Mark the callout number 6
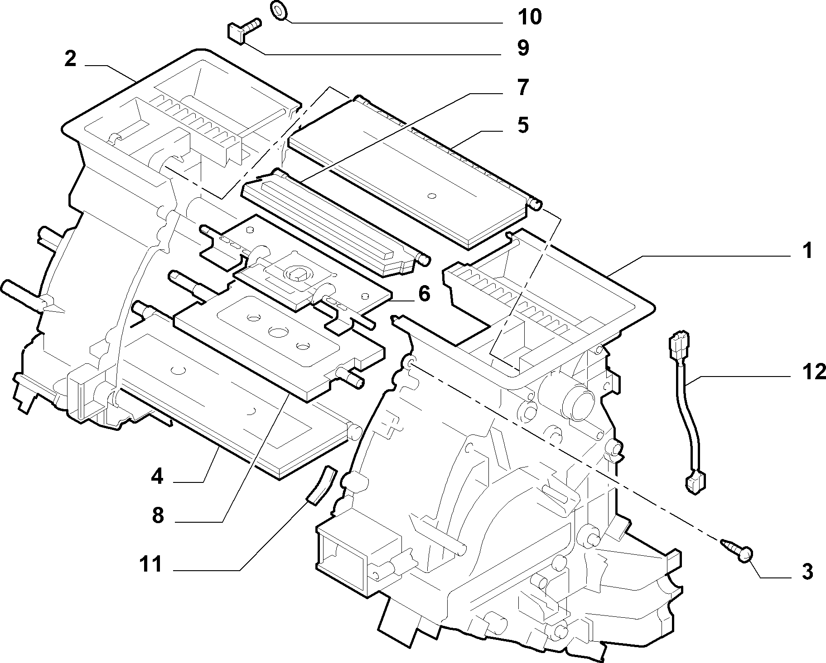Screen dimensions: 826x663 (x=424, y=294)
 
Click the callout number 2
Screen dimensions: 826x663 (x=70, y=59)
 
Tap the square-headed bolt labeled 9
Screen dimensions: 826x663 (x=242, y=29)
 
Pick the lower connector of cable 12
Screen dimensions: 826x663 (x=696, y=481)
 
